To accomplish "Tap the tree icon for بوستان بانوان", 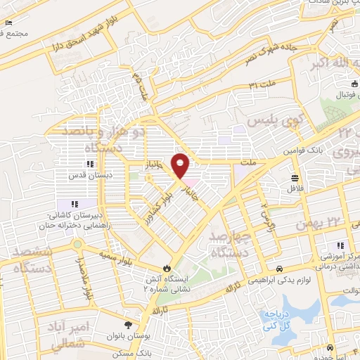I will pos(127,324).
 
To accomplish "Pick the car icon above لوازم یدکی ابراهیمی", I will pos(279,269).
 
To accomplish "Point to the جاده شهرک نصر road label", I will pos(266,51).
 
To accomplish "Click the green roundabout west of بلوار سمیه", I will pos(78,245).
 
